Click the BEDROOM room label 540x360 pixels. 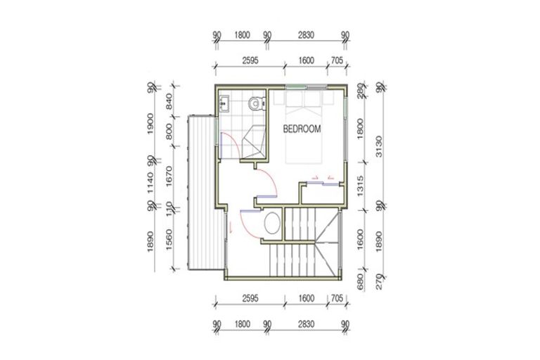click(302, 129)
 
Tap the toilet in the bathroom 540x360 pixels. click(257, 103)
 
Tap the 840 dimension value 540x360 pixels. click(169, 105)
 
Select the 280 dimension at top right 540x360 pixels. click(361, 92)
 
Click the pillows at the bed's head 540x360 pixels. click(303, 103)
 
